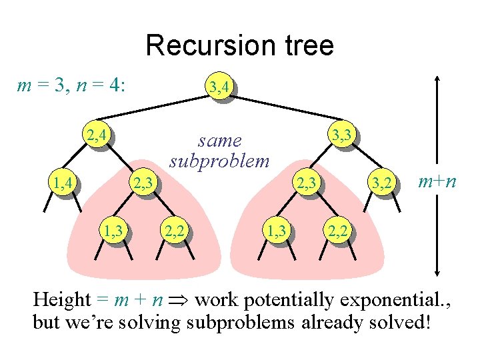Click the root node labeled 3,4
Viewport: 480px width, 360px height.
click(x=219, y=86)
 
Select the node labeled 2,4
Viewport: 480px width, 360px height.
click(x=97, y=137)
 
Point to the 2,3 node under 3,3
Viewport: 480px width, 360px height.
click(x=308, y=181)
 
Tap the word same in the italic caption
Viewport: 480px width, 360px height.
click(x=219, y=141)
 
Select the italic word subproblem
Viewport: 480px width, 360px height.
click(x=219, y=161)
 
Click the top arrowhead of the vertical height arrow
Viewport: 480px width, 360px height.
click(x=437, y=77)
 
